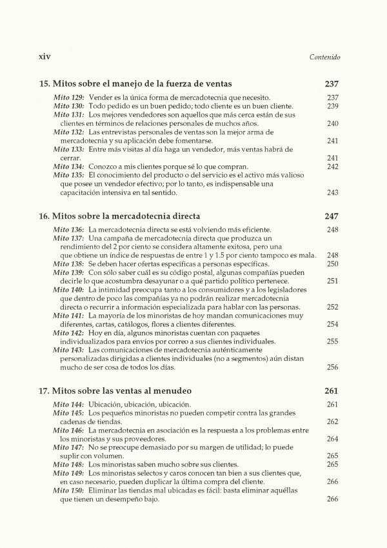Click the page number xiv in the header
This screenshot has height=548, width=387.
(45, 57)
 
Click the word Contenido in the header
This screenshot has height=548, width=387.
(325, 57)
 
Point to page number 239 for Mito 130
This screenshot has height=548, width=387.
(333, 106)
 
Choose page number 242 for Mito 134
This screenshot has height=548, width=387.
(333, 167)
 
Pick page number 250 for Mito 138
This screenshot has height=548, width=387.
(333, 264)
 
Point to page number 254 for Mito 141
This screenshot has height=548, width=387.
(333, 324)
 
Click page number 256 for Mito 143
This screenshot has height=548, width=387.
(333, 367)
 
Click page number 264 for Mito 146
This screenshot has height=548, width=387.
(333, 439)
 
